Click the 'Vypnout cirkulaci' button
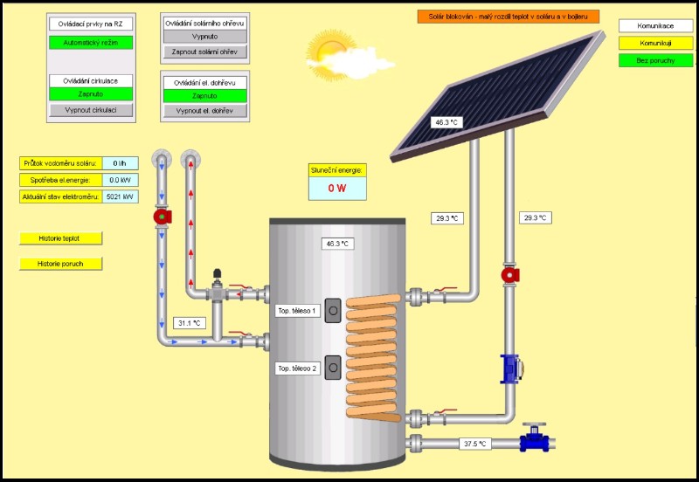pos(91,111)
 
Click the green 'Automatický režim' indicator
pos(91,42)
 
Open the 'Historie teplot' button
pos(60,238)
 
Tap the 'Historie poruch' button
pos(60,264)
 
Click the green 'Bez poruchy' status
pos(655,60)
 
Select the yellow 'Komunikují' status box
pos(655,43)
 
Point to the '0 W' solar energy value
pos(337,188)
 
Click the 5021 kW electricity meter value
pos(121,196)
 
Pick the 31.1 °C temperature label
pos(187,323)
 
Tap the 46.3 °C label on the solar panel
pos(446,122)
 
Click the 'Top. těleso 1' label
pos(298,310)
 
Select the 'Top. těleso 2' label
pos(298,368)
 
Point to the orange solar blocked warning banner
pos(509,16)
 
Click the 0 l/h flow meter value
pos(121,162)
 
